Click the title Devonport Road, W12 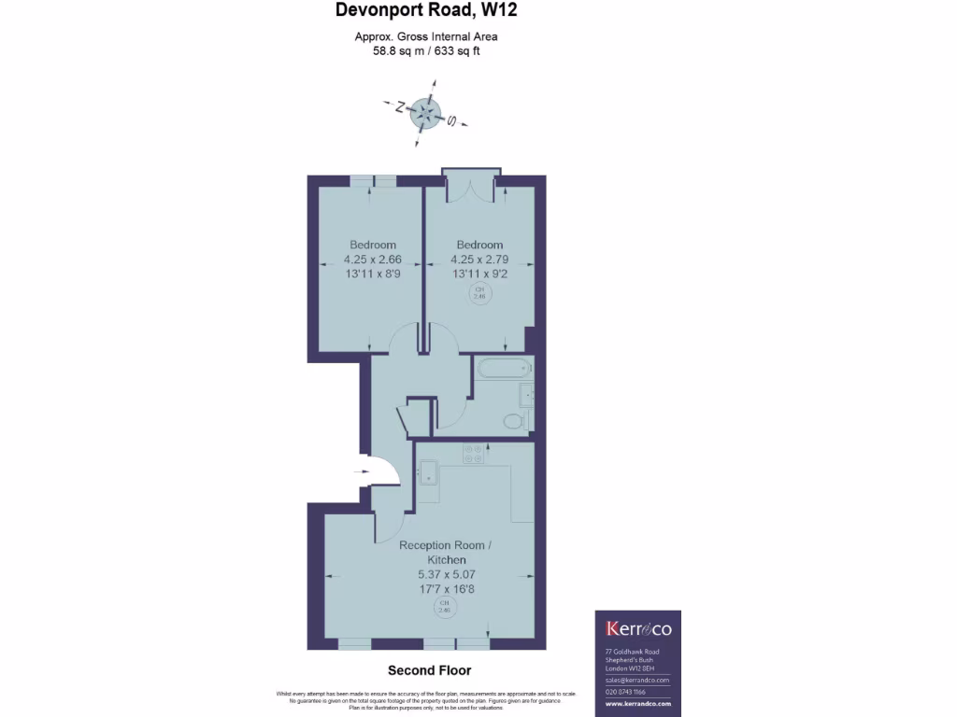[x=426, y=12]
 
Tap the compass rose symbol [x=426, y=114]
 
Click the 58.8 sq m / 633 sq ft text [x=426, y=51]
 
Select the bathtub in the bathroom [x=504, y=369]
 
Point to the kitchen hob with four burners [x=472, y=453]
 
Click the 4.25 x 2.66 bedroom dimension [x=373, y=260]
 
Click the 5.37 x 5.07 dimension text [x=445, y=574]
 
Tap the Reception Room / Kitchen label [x=445, y=552]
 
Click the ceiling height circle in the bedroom [x=480, y=293]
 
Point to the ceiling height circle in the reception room [x=445, y=608]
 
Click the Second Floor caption [x=429, y=670]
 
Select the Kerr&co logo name [x=638, y=628]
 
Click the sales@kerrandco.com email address [x=638, y=681]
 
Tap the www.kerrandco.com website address [x=638, y=702]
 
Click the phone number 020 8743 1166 [x=626, y=692]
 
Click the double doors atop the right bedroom [x=472, y=187]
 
